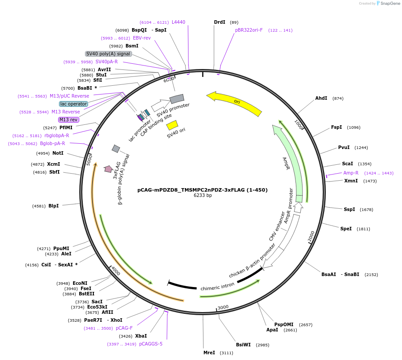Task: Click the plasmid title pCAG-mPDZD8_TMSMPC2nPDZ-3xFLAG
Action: pos(203,190)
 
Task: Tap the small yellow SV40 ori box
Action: pos(172,125)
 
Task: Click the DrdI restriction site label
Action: pos(220,22)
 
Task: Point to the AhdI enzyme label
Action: pos(321,98)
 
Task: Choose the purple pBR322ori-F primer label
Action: pos(249,30)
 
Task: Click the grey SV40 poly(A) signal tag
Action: pos(108,54)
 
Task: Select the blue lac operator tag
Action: pos(74,104)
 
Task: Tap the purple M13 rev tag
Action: pos(68,120)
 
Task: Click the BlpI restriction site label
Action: pos(54,206)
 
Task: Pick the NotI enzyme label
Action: pos(58,153)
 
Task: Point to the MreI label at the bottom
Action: pos(209,353)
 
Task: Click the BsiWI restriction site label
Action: pos(243,345)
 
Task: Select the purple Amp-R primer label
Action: pos(351,173)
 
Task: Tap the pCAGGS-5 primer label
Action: pos(151,344)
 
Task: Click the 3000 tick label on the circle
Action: pos(223,307)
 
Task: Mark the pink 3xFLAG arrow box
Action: pos(108,169)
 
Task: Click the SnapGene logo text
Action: pos(390,4)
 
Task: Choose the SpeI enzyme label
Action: pos(346,229)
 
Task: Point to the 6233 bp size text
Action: pos(203,195)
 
